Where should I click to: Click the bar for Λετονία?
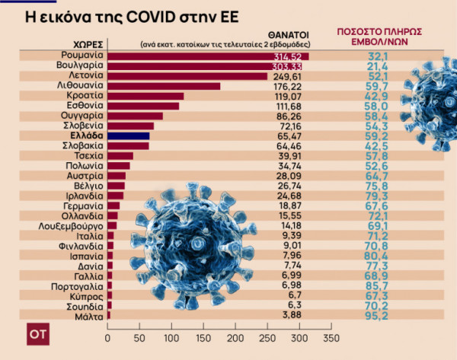tap(187, 76)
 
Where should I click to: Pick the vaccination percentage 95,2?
tap(372, 314)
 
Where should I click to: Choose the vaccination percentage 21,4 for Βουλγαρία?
tap(372, 66)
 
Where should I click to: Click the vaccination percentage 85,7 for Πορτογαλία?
tap(372, 285)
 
